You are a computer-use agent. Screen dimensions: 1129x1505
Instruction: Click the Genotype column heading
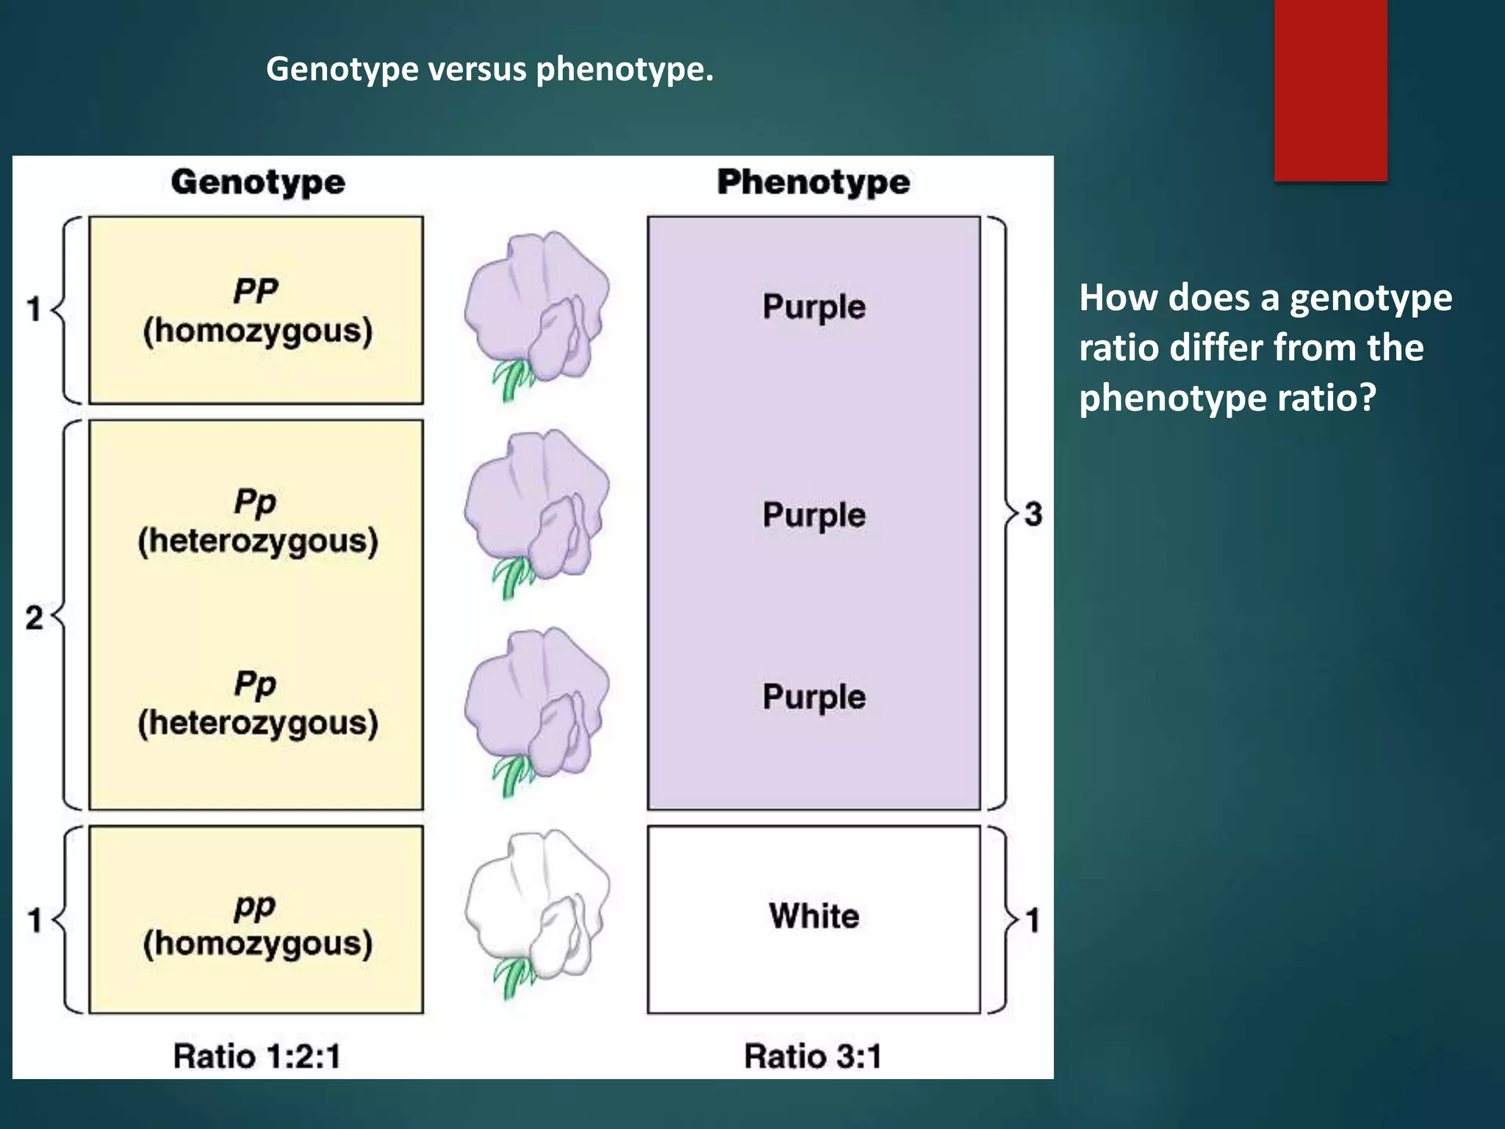[258, 182]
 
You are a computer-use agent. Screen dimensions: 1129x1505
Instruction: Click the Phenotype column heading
[813, 182]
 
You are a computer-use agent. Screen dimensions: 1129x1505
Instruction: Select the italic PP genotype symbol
[256, 291]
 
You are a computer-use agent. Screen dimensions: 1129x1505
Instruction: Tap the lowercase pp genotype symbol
[255, 907]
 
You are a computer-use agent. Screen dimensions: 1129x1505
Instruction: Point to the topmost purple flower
[537, 305]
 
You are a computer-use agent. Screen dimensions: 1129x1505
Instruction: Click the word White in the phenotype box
[814, 917]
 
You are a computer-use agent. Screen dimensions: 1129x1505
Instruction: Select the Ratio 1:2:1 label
[257, 1056]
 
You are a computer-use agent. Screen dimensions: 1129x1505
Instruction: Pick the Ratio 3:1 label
[813, 1056]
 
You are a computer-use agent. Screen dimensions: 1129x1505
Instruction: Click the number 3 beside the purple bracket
[1033, 514]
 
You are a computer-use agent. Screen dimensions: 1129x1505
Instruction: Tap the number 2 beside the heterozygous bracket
[34, 617]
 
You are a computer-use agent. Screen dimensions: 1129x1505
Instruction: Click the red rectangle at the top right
[1331, 90]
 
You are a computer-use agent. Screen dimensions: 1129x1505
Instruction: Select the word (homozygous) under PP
[258, 331]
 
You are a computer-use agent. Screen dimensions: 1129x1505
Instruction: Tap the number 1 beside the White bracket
[1033, 920]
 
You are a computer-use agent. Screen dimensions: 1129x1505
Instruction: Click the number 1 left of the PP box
[34, 309]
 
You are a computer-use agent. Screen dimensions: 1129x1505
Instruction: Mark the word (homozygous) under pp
[258, 944]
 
